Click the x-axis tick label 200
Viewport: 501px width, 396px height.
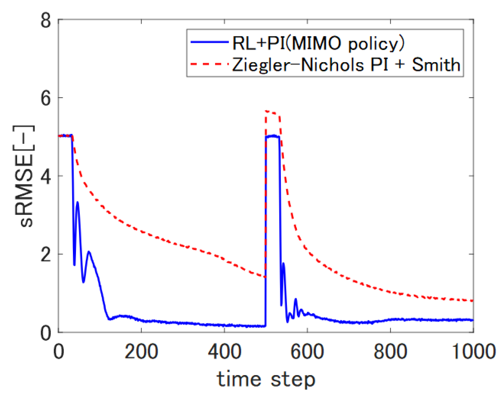pyautogui.click(x=141, y=351)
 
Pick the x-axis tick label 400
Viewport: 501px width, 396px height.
pyautogui.click(x=224, y=351)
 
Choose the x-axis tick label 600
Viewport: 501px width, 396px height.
pyautogui.click(x=307, y=351)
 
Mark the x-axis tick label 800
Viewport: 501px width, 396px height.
pyautogui.click(x=390, y=351)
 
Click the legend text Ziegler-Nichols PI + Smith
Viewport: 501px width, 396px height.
pyautogui.click(x=346, y=65)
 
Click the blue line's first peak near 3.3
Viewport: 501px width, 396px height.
pyautogui.click(x=77, y=202)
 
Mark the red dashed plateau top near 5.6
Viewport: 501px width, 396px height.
pyautogui.click(x=272, y=112)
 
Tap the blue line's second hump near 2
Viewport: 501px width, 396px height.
pyautogui.click(x=88, y=252)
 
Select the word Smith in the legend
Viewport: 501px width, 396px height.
pyautogui.click(x=436, y=65)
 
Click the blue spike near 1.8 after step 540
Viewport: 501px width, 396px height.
pyautogui.click(x=283, y=263)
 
